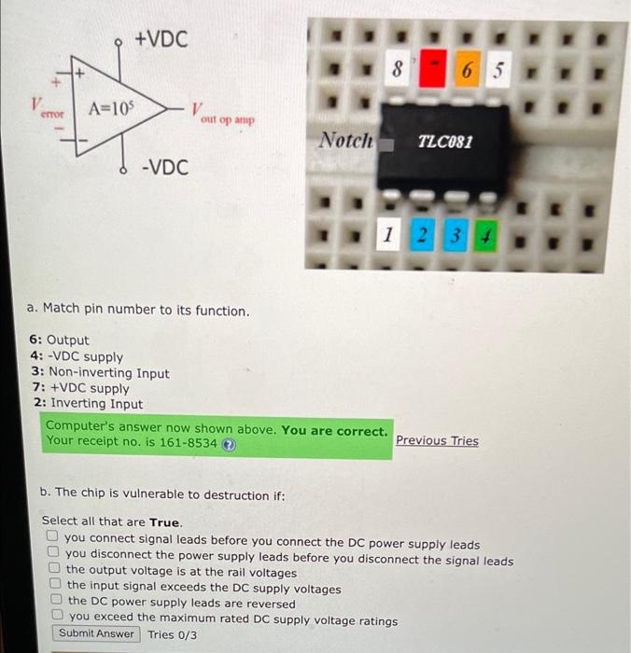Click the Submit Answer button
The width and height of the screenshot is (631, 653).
click(x=96, y=633)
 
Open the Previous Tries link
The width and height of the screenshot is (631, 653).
click(x=437, y=440)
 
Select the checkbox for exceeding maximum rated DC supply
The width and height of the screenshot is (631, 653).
click(x=59, y=618)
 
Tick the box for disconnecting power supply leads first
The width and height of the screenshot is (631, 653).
click(x=54, y=556)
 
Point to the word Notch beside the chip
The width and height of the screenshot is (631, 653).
click(x=345, y=141)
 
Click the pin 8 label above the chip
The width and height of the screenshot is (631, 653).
click(x=397, y=69)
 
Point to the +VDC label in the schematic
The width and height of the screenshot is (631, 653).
click(x=161, y=39)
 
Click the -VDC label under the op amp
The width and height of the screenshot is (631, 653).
click(x=164, y=168)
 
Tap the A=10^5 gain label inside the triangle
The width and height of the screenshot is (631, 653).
click(x=109, y=107)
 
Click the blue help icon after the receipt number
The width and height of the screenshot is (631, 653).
click(x=229, y=443)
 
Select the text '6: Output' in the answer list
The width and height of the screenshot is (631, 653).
click(x=60, y=340)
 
